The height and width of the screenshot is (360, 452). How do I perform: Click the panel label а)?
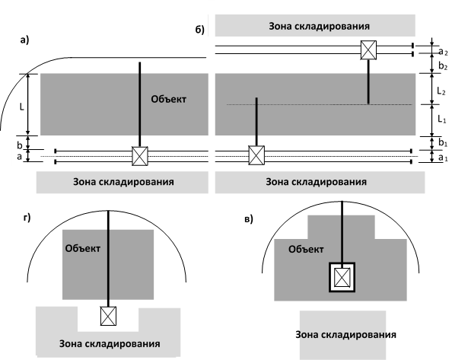pyautogui.click(x=24, y=40)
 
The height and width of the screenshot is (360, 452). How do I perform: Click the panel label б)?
pyautogui.click(x=200, y=30)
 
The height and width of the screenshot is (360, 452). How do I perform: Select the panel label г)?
pyautogui.click(x=27, y=218)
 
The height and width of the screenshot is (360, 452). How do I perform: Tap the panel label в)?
pyautogui.click(x=249, y=219)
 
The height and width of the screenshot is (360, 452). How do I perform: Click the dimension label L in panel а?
pyautogui.click(x=21, y=107)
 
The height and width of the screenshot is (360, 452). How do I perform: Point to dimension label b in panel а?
pyautogui.click(x=19, y=145)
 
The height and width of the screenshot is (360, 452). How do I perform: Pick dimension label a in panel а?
pyautogui.click(x=19, y=157)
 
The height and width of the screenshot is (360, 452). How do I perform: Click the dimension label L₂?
pyautogui.click(x=441, y=91)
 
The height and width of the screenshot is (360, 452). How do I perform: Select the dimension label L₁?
pyautogui.click(x=442, y=119)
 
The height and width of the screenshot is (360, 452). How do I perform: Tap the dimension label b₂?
pyautogui.click(x=443, y=66)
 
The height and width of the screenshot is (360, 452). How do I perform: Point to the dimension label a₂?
pyautogui.click(x=443, y=52)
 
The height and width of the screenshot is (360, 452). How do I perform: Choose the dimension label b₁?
pyautogui.click(x=443, y=142)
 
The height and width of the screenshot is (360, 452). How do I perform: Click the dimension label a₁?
pyautogui.click(x=443, y=158)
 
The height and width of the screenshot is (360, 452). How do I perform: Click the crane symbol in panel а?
pyautogui.click(x=140, y=156)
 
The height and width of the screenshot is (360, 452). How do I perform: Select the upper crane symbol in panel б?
pyautogui.click(x=369, y=50)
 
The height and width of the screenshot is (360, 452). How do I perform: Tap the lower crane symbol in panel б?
pyautogui.click(x=256, y=155)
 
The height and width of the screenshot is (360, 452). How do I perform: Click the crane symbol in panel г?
pyautogui.click(x=108, y=316)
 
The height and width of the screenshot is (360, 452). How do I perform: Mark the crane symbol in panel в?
pyautogui.click(x=342, y=277)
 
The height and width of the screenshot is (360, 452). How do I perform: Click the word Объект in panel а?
pyautogui.click(x=169, y=99)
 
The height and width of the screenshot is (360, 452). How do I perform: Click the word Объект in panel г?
pyautogui.click(x=83, y=248)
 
